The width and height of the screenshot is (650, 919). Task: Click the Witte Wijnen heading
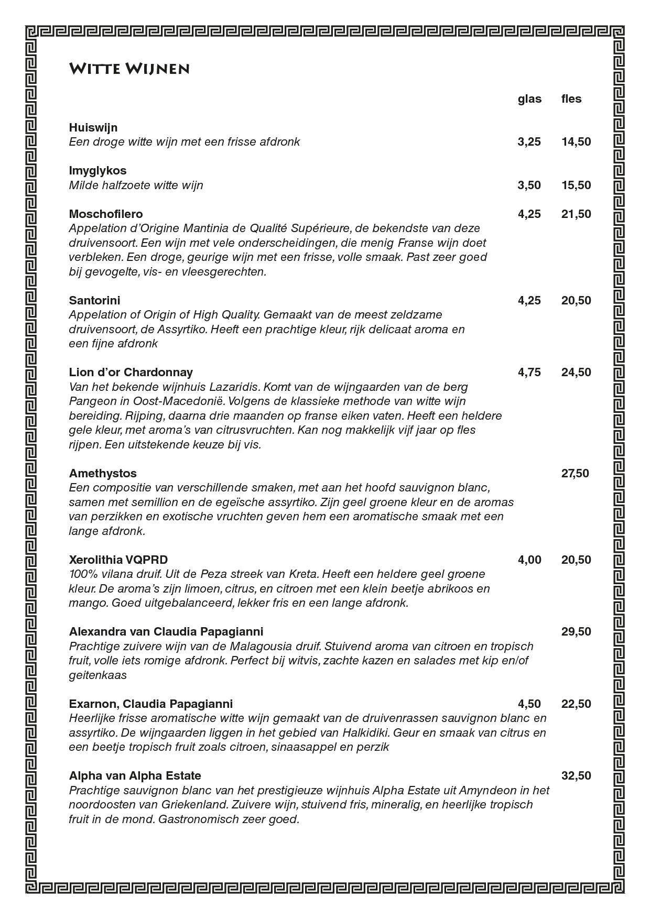pos(129,69)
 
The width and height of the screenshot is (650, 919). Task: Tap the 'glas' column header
pos(529,99)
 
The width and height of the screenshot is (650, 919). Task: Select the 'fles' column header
pos(571,99)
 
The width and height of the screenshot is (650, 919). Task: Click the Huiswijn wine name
pos(93,128)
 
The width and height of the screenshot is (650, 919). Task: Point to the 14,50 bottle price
pos(576,142)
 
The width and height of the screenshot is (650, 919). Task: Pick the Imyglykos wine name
pos(97,171)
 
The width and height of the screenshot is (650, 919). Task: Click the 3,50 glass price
pos(529,185)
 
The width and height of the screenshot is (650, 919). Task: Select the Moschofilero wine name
pos(106,214)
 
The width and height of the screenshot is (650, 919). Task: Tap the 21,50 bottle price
pos(576,214)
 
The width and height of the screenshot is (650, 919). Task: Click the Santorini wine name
pos(94,301)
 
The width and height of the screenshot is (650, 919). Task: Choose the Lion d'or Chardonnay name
pos(131,373)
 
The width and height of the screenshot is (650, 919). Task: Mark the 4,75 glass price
pos(529,373)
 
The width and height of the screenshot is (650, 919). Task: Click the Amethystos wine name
pos(103,474)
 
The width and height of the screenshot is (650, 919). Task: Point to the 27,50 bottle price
pos(575,474)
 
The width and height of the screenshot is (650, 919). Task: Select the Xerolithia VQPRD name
pos(118,560)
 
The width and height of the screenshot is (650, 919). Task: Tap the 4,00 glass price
pos(529,560)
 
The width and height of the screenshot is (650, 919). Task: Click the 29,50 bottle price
pos(576,632)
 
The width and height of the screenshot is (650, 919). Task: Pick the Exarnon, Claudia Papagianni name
pos(151,704)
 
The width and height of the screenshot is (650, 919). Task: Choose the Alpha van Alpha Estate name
pos(135,776)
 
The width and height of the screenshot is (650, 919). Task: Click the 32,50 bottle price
pos(576,776)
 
